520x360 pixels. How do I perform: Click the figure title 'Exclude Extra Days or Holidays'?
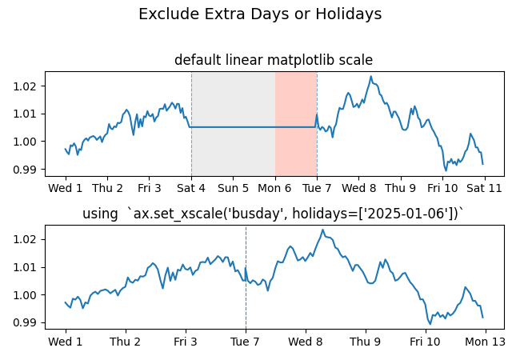tap(260, 14)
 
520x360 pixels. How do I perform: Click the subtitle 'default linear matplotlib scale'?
tap(274, 60)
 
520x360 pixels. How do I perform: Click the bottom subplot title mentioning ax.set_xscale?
tap(274, 214)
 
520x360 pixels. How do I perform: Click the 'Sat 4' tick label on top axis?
tap(191, 189)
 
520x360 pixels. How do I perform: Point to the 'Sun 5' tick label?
tap(233, 189)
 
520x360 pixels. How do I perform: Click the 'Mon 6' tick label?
tap(275, 189)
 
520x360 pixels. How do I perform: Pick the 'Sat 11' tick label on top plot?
tap(484, 189)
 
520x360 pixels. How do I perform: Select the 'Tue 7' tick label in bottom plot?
tap(246, 342)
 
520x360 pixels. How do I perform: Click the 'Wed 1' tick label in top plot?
tap(66, 189)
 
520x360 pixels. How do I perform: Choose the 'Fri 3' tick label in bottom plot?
tap(186, 342)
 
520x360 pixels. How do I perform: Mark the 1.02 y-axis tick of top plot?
tap(28, 86)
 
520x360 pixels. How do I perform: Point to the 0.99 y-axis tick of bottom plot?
tap(28, 322)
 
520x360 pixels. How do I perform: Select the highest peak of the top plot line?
tap(370, 77)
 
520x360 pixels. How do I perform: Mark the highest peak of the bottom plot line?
tap(323, 230)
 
